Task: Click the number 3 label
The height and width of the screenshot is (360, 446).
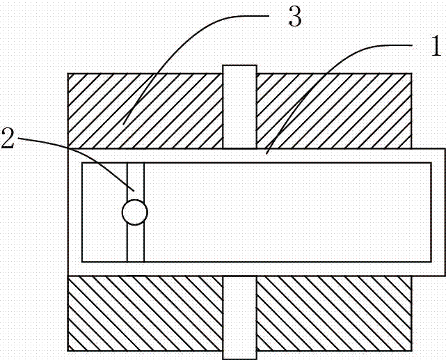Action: point(295,19)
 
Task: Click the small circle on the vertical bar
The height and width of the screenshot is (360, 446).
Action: point(134,212)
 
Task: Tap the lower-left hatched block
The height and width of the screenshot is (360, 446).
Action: point(145,313)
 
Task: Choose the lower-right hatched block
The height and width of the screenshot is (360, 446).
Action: point(334,313)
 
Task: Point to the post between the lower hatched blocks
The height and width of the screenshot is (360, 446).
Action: point(239,317)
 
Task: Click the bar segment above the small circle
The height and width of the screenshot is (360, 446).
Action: point(135,180)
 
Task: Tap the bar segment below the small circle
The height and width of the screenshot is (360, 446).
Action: point(135,243)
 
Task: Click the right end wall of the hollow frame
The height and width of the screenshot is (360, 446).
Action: point(438,212)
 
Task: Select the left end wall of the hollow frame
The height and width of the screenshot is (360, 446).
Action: point(74,212)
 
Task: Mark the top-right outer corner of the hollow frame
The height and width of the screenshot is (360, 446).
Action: point(445,149)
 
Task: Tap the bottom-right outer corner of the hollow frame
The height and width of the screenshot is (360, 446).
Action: point(445,274)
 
